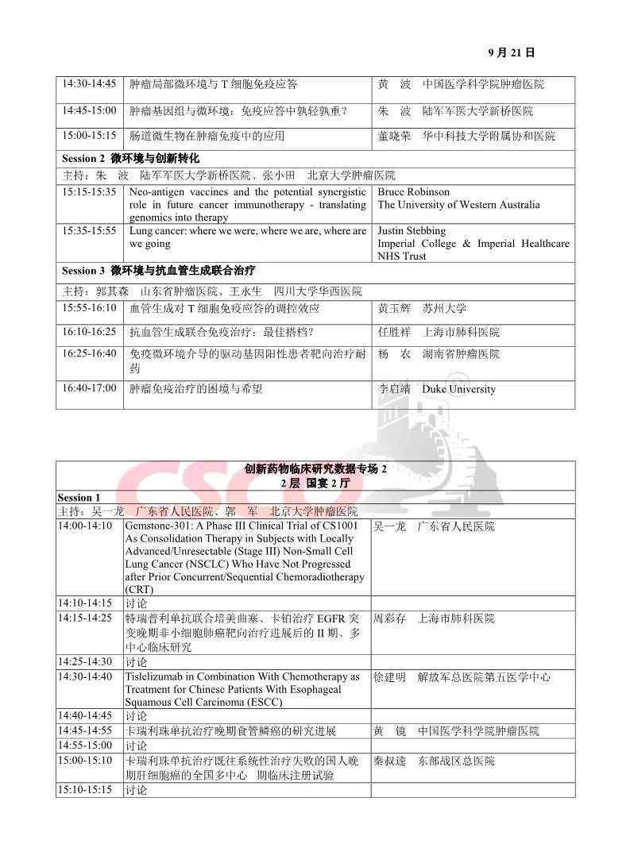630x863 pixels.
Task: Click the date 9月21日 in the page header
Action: click(x=511, y=53)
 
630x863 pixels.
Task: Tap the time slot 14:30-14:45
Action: click(x=89, y=84)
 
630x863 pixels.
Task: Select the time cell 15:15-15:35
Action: click(x=89, y=192)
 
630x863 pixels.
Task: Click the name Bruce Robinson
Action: click(x=413, y=192)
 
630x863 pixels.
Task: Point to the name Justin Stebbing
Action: click(x=412, y=231)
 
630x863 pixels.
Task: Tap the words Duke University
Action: click(x=458, y=389)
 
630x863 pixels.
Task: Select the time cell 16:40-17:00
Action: click(x=89, y=388)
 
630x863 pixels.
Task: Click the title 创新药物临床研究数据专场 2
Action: click(x=315, y=469)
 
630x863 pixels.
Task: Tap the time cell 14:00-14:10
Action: click(x=85, y=526)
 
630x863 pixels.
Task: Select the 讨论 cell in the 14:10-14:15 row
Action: click(x=136, y=603)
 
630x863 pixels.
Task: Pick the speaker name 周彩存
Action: click(x=389, y=618)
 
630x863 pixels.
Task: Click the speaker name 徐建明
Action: click(x=389, y=677)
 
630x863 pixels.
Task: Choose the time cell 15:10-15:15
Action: click(x=85, y=790)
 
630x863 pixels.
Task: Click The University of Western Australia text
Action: click(x=458, y=205)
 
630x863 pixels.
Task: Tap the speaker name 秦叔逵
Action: click(x=389, y=761)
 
